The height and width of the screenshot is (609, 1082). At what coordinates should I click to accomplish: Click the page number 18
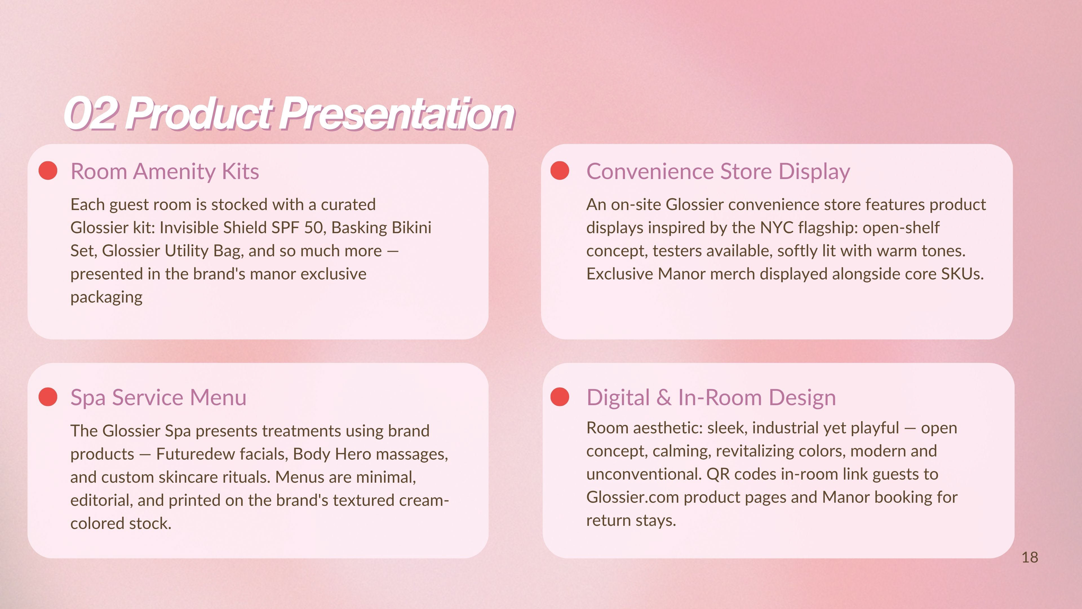[x=1030, y=557]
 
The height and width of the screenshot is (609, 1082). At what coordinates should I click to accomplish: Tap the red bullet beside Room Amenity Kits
[x=48, y=171]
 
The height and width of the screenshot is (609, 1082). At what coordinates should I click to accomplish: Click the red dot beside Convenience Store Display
[x=560, y=171]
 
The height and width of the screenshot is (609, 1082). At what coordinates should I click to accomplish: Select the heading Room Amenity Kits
[x=165, y=171]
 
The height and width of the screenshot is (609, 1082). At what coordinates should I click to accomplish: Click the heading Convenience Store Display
[x=718, y=171]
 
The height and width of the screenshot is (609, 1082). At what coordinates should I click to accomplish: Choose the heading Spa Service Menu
[x=158, y=398]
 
